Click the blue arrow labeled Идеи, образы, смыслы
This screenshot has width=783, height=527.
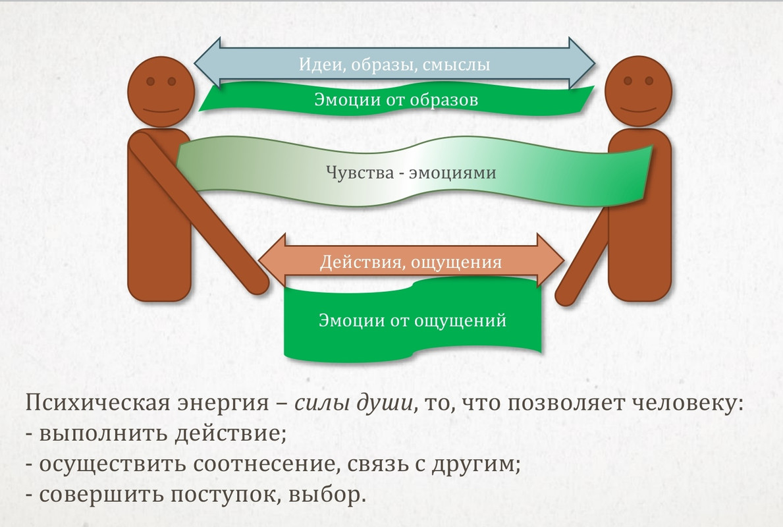pyautogui.click(x=395, y=64)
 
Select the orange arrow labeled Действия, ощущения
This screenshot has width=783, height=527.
pyautogui.click(x=411, y=262)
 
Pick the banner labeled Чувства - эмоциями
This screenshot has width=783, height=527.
pyautogui.click(x=411, y=173)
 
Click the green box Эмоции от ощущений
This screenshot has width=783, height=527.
pyautogui.click(x=412, y=321)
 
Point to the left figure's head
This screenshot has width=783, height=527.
pyautogui.click(x=161, y=90)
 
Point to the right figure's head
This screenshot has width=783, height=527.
pyautogui.click(x=637, y=90)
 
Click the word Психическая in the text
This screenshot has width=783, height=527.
pyautogui.click(x=92, y=402)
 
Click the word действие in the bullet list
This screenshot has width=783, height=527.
pyautogui.click(x=217, y=434)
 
